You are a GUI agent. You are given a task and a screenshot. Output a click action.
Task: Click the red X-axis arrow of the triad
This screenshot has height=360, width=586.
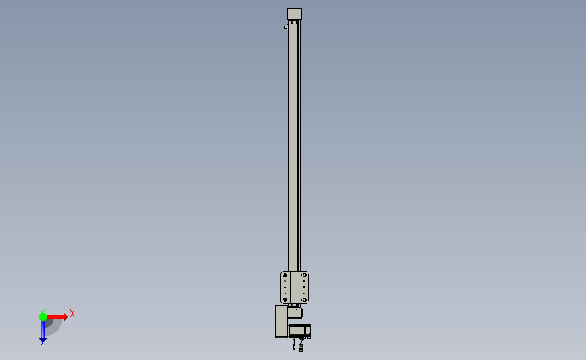[x=57, y=317]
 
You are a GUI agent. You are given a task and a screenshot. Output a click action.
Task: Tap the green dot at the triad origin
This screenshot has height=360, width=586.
[x=43, y=317]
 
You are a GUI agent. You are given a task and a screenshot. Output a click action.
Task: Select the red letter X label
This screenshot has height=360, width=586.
[x=72, y=313]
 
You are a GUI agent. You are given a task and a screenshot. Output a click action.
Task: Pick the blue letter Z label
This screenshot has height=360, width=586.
[x=42, y=344]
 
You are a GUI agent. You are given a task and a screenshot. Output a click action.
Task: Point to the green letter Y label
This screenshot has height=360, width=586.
[x=43, y=311]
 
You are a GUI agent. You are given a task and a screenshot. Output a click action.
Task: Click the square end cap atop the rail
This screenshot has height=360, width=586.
[x=295, y=14]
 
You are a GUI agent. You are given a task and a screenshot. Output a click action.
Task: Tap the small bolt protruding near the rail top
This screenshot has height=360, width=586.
[x=286, y=27]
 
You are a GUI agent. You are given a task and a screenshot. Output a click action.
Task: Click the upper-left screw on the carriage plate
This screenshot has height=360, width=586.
[x=285, y=275]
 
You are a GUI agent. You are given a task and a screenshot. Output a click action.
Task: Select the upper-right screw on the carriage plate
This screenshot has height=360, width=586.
[x=304, y=275]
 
